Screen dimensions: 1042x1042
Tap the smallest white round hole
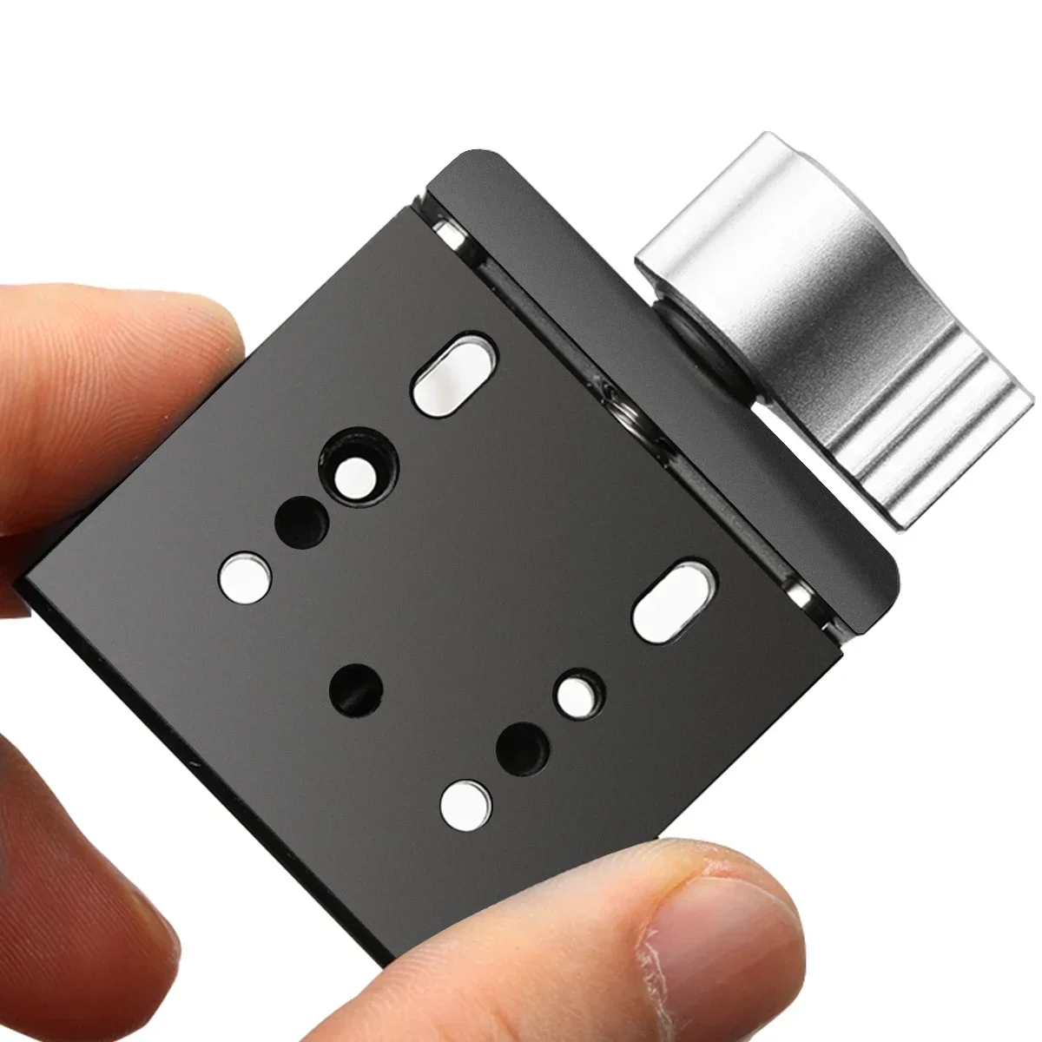coord(577,693)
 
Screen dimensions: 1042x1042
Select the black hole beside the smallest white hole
coord(522,745)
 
